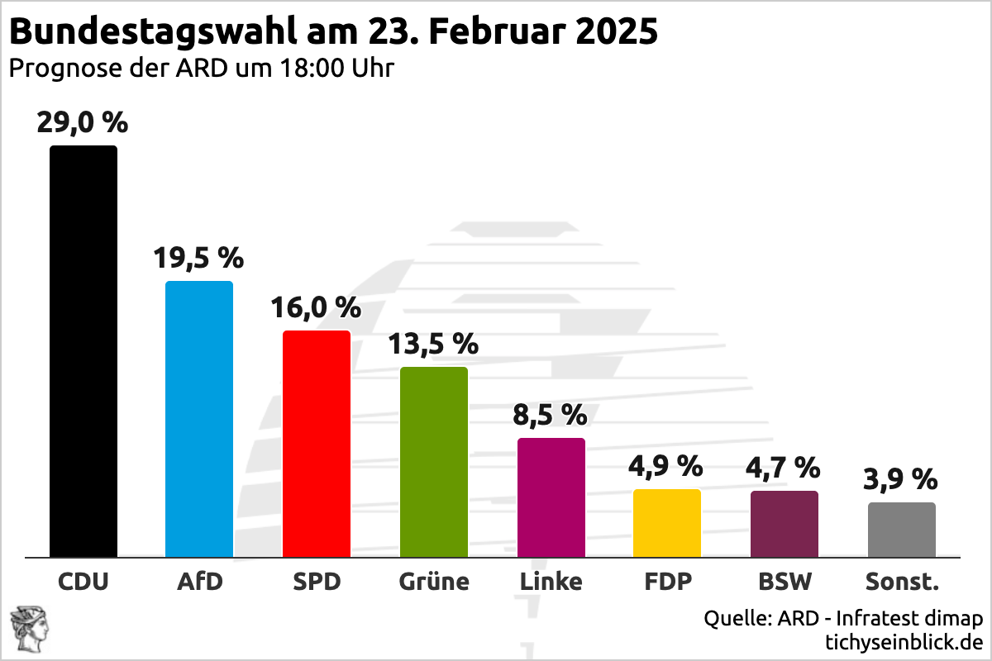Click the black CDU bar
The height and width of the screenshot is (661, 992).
(x=83, y=351)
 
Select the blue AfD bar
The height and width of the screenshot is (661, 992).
(x=199, y=419)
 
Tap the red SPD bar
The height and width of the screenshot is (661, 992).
(x=317, y=444)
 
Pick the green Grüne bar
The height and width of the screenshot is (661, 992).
(x=434, y=462)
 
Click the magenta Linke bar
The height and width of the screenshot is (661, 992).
(x=551, y=497)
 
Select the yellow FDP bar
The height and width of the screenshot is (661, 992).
(x=667, y=523)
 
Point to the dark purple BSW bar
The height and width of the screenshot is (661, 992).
(x=785, y=524)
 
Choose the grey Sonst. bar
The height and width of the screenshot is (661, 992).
(x=902, y=530)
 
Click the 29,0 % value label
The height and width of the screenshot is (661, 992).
(x=83, y=123)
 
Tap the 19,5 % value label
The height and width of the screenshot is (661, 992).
(x=198, y=259)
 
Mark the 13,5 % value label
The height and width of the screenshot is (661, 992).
(x=433, y=343)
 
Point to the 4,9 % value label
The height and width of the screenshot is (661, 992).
(x=665, y=466)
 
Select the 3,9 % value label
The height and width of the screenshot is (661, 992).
(x=901, y=478)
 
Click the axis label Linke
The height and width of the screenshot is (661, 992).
(x=551, y=582)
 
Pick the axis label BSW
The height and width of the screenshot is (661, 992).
(x=785, y=582)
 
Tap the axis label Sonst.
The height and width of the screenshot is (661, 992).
(x=902, y=582)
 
